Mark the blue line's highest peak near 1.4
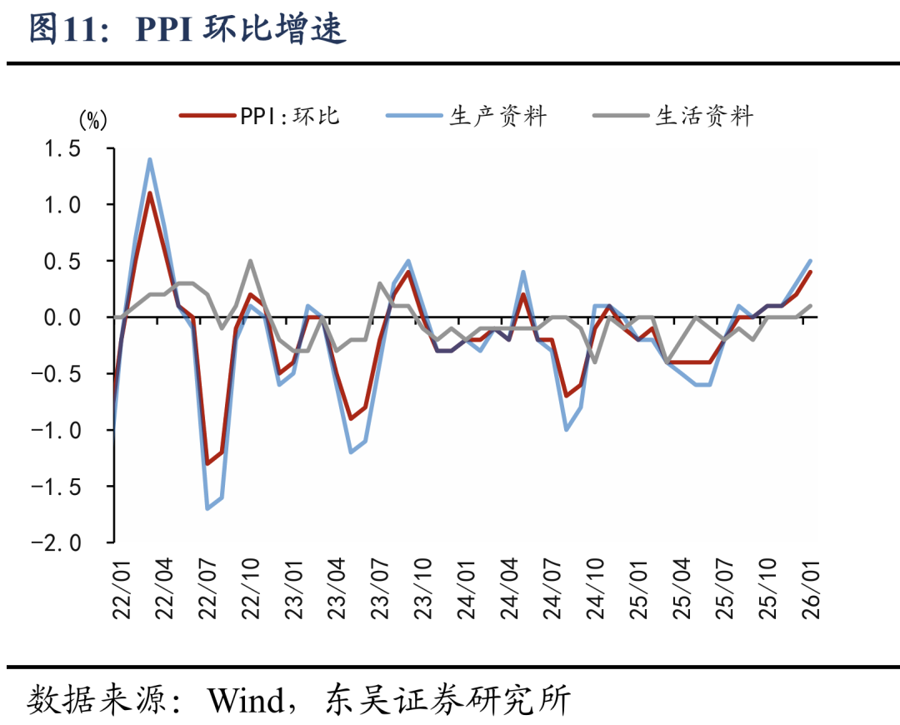click(149, 159)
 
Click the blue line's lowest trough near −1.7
click(207, 508)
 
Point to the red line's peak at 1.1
click(149, 193)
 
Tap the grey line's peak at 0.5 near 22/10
click(250, 261)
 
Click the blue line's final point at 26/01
click(810, 261)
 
